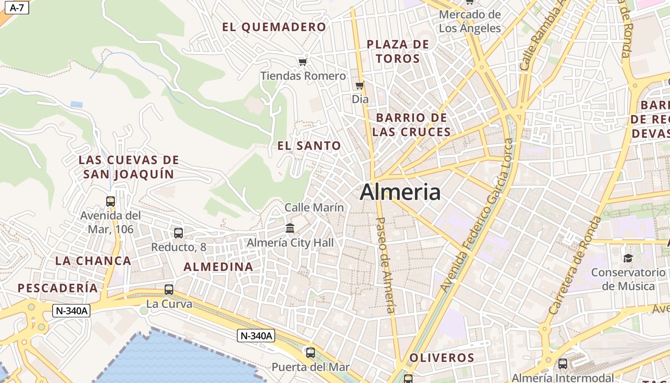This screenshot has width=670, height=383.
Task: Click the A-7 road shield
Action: [16, 8]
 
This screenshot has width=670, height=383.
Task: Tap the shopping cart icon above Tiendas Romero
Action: [302, 62]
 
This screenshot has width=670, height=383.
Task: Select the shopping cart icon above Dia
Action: [359, 86]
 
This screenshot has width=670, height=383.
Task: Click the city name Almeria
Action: [400, 192]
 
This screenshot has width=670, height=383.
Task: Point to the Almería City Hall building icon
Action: [290, 228]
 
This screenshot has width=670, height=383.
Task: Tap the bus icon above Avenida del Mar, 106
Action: [111, 202]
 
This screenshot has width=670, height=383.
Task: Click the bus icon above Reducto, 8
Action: [179, 233]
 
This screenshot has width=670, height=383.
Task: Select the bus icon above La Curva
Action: [169, 290]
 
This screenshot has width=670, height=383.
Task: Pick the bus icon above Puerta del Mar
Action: [311, 353]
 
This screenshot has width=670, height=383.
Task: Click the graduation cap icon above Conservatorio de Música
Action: [627, 259]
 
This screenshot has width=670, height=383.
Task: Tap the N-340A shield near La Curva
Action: [71, 311]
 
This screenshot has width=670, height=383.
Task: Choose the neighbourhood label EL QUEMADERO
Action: [274, 27]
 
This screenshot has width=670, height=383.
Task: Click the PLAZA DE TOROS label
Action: [398, 51]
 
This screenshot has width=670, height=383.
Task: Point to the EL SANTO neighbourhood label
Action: [309, 146]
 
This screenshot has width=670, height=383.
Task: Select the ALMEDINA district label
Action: [218, 267]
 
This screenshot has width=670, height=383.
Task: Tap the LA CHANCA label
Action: [93, 261]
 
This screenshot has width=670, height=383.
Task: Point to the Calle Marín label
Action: [314, 207]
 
